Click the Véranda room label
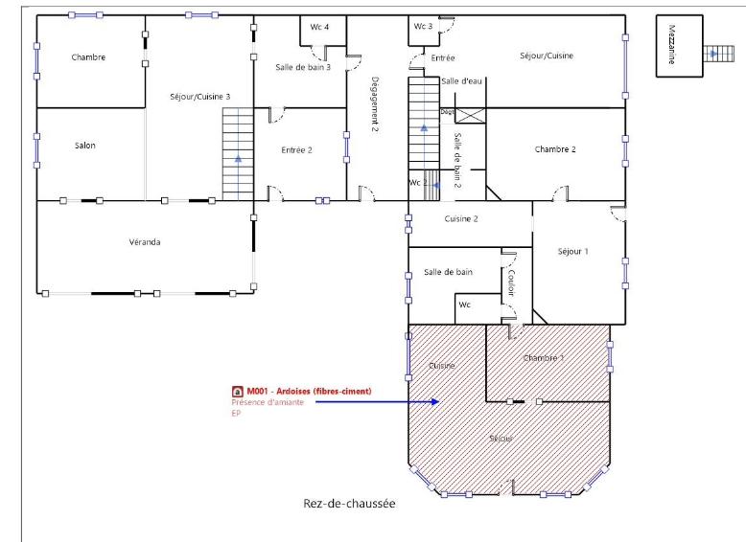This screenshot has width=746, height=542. coord(145,242)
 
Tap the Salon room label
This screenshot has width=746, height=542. coord(84,146)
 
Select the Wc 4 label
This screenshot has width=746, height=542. coord(319,27)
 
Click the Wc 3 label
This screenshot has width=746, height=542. coord(423,26)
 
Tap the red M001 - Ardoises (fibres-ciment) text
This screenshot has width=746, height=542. coord(308,392)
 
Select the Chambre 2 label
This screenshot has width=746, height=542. coord(555,149)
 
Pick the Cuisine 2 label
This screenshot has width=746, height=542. coord(461,219)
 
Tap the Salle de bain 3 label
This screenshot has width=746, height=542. coord(303,66)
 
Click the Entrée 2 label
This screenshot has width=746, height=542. coord(297,150)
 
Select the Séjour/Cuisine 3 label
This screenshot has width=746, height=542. coord(199,97)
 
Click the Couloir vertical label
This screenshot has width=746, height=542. coord(512,284)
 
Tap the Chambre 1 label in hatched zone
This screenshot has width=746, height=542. coord(544,357)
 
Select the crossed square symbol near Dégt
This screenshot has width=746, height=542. coord(470,115)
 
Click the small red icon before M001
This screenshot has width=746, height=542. coord(237,392)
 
